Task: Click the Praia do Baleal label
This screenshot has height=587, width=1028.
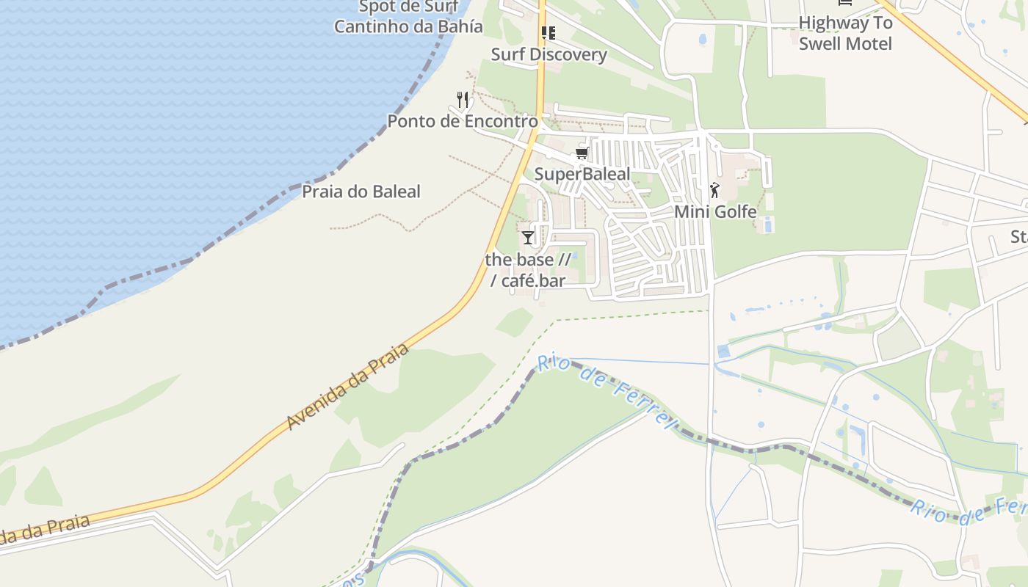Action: click(x=361, y=192)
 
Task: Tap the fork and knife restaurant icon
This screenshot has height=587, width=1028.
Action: click(x=463, y=100)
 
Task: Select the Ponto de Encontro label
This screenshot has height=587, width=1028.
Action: click(x=463, y=121)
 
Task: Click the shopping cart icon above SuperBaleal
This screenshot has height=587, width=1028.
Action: click(x=582, y=153)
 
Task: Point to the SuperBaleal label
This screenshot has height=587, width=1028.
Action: click(x=582, y=174)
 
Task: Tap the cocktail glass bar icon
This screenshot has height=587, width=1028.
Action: click(x=527, y=238)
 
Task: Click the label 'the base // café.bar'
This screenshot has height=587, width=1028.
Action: click(x=527, y=270)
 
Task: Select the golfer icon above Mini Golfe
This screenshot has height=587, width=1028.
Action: click(x=714, y=191)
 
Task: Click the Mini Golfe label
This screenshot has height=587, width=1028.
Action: click(x=715, y=212)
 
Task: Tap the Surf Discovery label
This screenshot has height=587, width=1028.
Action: click(x=549, y=54)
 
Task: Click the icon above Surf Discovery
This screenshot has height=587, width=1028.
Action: click(x=548, y=33)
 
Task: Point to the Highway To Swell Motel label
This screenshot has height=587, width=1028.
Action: click(x=845, y=33)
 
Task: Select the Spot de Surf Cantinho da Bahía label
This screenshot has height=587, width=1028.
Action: click(x=408, y=17)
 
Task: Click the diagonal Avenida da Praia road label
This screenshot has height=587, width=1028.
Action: click(x=347, y=387)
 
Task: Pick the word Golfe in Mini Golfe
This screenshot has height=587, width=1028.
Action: click(x=735, y=212)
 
